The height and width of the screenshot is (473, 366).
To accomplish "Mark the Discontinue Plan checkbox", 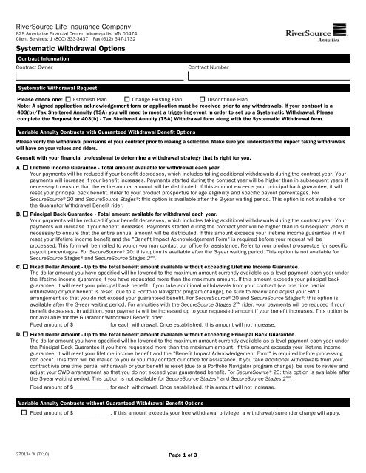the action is pos(203,98).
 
